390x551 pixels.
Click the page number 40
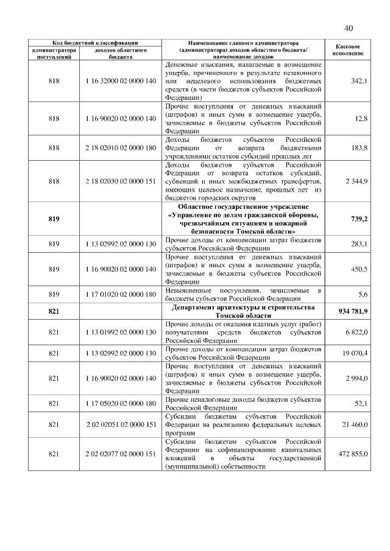349,28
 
